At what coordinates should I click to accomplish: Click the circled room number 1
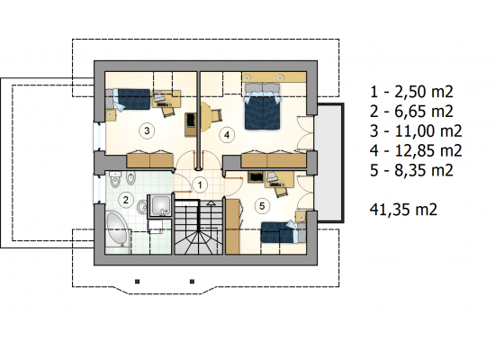click(x=200, y=184)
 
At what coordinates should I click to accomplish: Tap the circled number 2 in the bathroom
click(x=126, y=200)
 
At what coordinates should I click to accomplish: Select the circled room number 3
click(x=147, y=130)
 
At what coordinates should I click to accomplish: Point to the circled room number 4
click(x=227, y=135)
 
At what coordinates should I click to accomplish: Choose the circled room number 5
click(x=262, y=206)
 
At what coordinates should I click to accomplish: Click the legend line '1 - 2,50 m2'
click(x=411, y=92)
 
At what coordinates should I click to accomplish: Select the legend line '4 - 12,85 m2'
click(x=416, y=150)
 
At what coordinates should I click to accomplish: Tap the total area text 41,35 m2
click(x=403, y=209)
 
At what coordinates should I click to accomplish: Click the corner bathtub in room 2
click(x=117, y=229)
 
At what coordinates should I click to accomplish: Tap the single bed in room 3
click(x=131, y=99)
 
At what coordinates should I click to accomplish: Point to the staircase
click(x=199, y=227)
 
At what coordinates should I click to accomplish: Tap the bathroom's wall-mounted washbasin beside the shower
click(x=141, y=207)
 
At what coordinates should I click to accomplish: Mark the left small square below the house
click(x=137, y=281)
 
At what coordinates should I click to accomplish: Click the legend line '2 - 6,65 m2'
click(x=411, y=112)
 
